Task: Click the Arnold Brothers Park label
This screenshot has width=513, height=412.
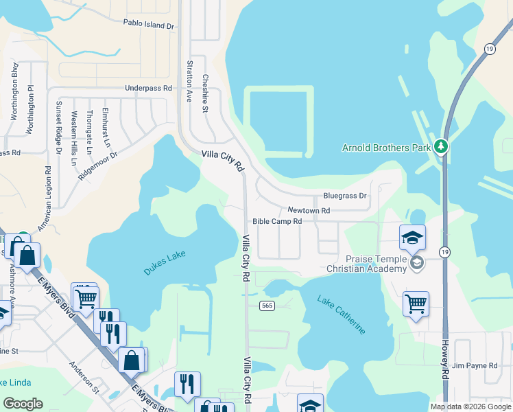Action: click(386, 147)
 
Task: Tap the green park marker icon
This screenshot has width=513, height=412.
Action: click(441, 146)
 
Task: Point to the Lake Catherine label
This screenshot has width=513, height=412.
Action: click(341, 314)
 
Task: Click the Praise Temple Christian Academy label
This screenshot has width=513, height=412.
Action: click(376, 264)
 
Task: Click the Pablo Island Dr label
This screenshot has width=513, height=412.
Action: click(149, 25)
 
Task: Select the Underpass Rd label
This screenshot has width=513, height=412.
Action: click(148, 89)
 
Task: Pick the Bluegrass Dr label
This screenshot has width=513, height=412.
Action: click(345, 196)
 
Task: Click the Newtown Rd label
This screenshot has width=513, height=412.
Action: click(309, 210)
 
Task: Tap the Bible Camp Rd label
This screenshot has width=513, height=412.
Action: click(277, 221)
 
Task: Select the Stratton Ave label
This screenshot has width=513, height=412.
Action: click(189, 81)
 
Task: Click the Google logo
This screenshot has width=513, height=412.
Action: click(23, 404)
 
